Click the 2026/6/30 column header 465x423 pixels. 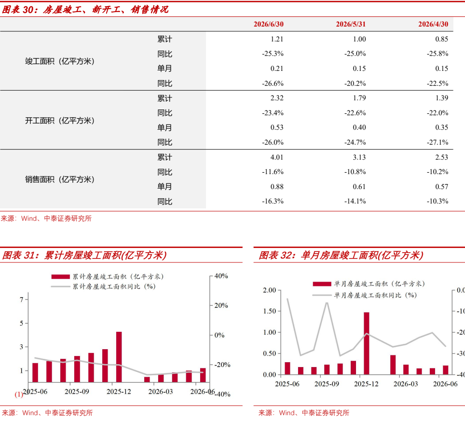tap(268, 24)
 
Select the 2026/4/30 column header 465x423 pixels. tap(433, 24)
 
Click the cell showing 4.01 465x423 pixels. tap(277, 157)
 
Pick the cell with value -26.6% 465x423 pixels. tap(273, 83)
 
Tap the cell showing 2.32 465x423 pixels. tap(277, 98)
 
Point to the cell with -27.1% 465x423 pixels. tap(438, 142)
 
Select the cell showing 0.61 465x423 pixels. tap(359, 187)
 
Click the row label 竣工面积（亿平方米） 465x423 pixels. tap(60, 61)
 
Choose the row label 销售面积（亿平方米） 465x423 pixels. tap(60, 179)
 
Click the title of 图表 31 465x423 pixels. tap(84, 255)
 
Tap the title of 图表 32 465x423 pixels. tap(341, 255)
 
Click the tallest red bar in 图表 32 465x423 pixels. tap(367, 343)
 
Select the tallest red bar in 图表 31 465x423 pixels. tap(119, 357)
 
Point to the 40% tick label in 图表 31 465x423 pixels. tap(221, 276)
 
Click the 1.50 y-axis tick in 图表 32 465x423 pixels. tap(270, 311)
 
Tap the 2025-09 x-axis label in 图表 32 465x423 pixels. tap(327, 384)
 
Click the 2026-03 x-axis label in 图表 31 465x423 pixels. tap(161, 392)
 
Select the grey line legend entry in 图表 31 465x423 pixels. tap(103, 287)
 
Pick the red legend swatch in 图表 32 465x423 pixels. tap(322, 284)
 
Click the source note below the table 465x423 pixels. tap(46, 218)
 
